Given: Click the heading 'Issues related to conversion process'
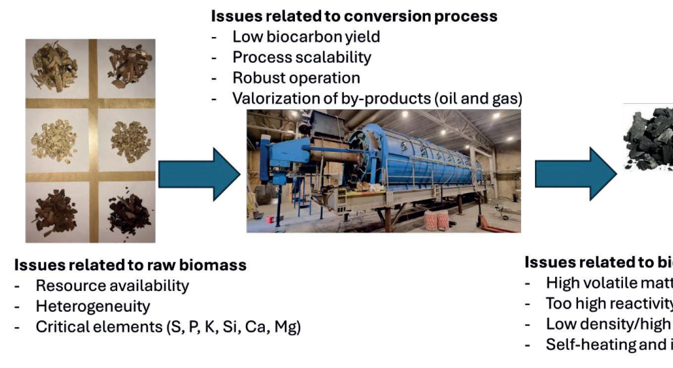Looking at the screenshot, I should (x=354, y=16).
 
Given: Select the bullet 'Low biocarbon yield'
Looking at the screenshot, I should (x=306, y=37).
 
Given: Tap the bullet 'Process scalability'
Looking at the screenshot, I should (x=301, y=57).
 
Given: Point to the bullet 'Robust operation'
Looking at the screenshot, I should (x=296, y=78).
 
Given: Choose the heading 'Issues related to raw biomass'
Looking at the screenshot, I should (x=130, y=265).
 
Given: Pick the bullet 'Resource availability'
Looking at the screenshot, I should (x=112, y=286).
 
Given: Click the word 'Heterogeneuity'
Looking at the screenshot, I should (x=93, y=306).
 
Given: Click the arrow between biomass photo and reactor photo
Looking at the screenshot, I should (x=199, y=174).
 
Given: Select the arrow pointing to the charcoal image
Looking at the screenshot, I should (x=576, y=174).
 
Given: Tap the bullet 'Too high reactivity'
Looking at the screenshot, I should (x=609, y=303).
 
